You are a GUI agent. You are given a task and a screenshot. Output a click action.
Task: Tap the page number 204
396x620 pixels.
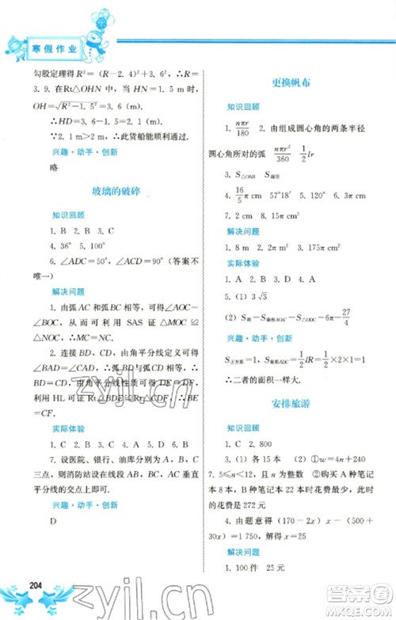34,585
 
